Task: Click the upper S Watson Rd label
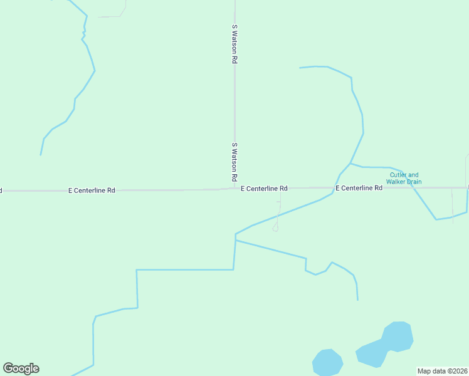click(x=234, y=44)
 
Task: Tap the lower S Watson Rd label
click(x=234, y=161)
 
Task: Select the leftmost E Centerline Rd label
click(x=92, y=190)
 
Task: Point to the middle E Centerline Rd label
click(x=264, y=188)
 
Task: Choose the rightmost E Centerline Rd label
click(x=359, y=188)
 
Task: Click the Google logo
click(x=21, y=368)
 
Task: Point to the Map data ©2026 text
click(x=442, y=371)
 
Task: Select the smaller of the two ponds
click(x=327, y=362)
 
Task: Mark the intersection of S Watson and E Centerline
click(x=235, y=188)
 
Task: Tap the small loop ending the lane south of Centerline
click(x=275, y=228)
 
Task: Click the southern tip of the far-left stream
click(x=41, y=154)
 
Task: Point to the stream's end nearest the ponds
click(x=357, y=300)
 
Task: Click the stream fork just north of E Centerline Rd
click(x=350, y=164)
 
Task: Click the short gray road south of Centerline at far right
click(x=452, y=204)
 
